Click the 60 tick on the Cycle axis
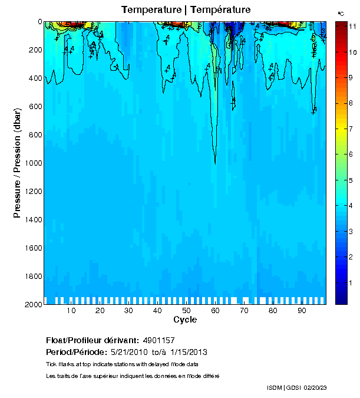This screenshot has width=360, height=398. pyautogui.click(x=215, y=311)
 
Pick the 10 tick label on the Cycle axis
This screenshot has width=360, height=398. pyautogui.click(x=71, y=311)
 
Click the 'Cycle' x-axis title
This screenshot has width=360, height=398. pyautogui.click(x=185, y=320)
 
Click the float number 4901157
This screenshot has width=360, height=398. pyautogui.click(x=158, y=340)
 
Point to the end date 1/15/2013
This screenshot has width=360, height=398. pyautogui.click(x=187, y=352)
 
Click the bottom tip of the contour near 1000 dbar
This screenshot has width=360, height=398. pyautogui.click(x=215, y=163)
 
